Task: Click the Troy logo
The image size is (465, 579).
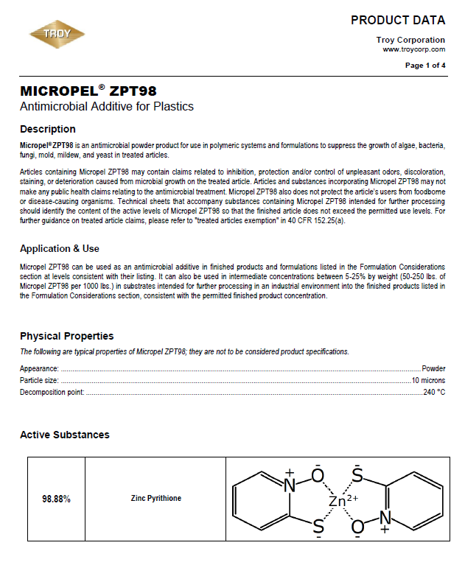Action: click(57, 34)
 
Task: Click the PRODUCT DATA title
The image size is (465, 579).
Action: click(397, 20)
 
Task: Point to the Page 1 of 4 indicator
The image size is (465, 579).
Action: click(425, 66)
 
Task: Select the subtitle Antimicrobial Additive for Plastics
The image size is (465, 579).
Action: click(107, 107)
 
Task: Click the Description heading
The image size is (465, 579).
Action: click(47, 129)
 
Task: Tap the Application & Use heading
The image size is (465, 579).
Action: click(60, 248)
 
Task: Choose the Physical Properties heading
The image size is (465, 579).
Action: click(66, 337)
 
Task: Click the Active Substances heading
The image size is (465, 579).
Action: click(64, 435)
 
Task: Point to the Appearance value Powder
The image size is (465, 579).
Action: click(433, 368)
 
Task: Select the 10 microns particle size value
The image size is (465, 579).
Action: click(428, 380)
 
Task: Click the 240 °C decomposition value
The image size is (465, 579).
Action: click(434, 392)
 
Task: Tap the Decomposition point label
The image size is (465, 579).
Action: click(52, 392)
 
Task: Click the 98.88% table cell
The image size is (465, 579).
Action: click(57, 499)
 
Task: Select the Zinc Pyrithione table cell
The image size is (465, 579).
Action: click(155, 499)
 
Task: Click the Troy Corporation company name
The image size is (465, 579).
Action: click(410, 40)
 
